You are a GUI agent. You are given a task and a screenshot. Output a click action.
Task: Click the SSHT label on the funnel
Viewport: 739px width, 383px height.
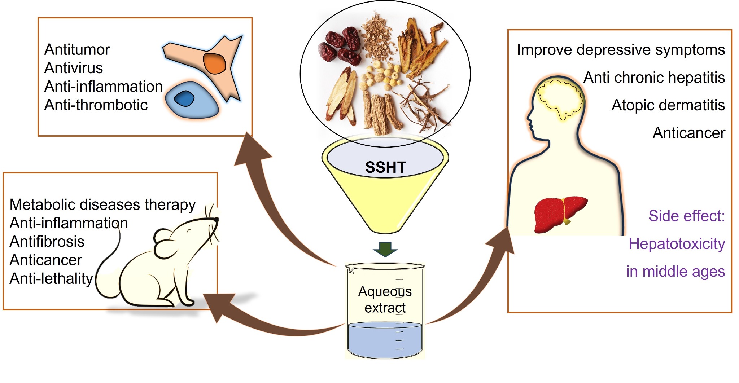point(385,167)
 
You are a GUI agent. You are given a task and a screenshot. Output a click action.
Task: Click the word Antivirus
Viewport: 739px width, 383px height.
point(74,68)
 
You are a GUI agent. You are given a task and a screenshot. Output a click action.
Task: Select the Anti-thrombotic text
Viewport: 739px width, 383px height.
point(96,105)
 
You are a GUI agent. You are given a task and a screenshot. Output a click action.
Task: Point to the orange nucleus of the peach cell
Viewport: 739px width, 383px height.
point(214,63)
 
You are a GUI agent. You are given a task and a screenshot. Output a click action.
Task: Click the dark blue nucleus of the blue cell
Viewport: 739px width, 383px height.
point(184,98)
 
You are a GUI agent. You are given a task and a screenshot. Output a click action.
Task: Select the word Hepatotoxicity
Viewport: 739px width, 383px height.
point(677,244)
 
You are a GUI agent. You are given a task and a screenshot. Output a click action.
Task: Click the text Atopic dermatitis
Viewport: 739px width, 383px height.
point(668,105)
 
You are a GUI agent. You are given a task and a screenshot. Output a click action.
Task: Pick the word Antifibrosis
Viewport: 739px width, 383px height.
point(47,242)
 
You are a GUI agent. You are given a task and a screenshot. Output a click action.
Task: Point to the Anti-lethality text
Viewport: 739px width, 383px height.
point(51,279)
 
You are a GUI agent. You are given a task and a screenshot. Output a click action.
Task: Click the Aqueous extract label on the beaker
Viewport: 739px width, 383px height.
point(385,299)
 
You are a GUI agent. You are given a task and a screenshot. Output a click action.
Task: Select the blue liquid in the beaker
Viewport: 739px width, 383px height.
point(385,339)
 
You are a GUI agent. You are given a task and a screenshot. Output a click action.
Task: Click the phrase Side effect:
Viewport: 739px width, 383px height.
point(686,216)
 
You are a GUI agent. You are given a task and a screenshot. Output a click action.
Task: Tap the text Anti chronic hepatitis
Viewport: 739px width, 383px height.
point(654,78)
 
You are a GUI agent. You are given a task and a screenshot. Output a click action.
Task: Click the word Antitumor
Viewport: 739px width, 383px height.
point(77,49)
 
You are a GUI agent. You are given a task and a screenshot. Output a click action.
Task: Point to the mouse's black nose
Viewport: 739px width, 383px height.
point(216,219)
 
